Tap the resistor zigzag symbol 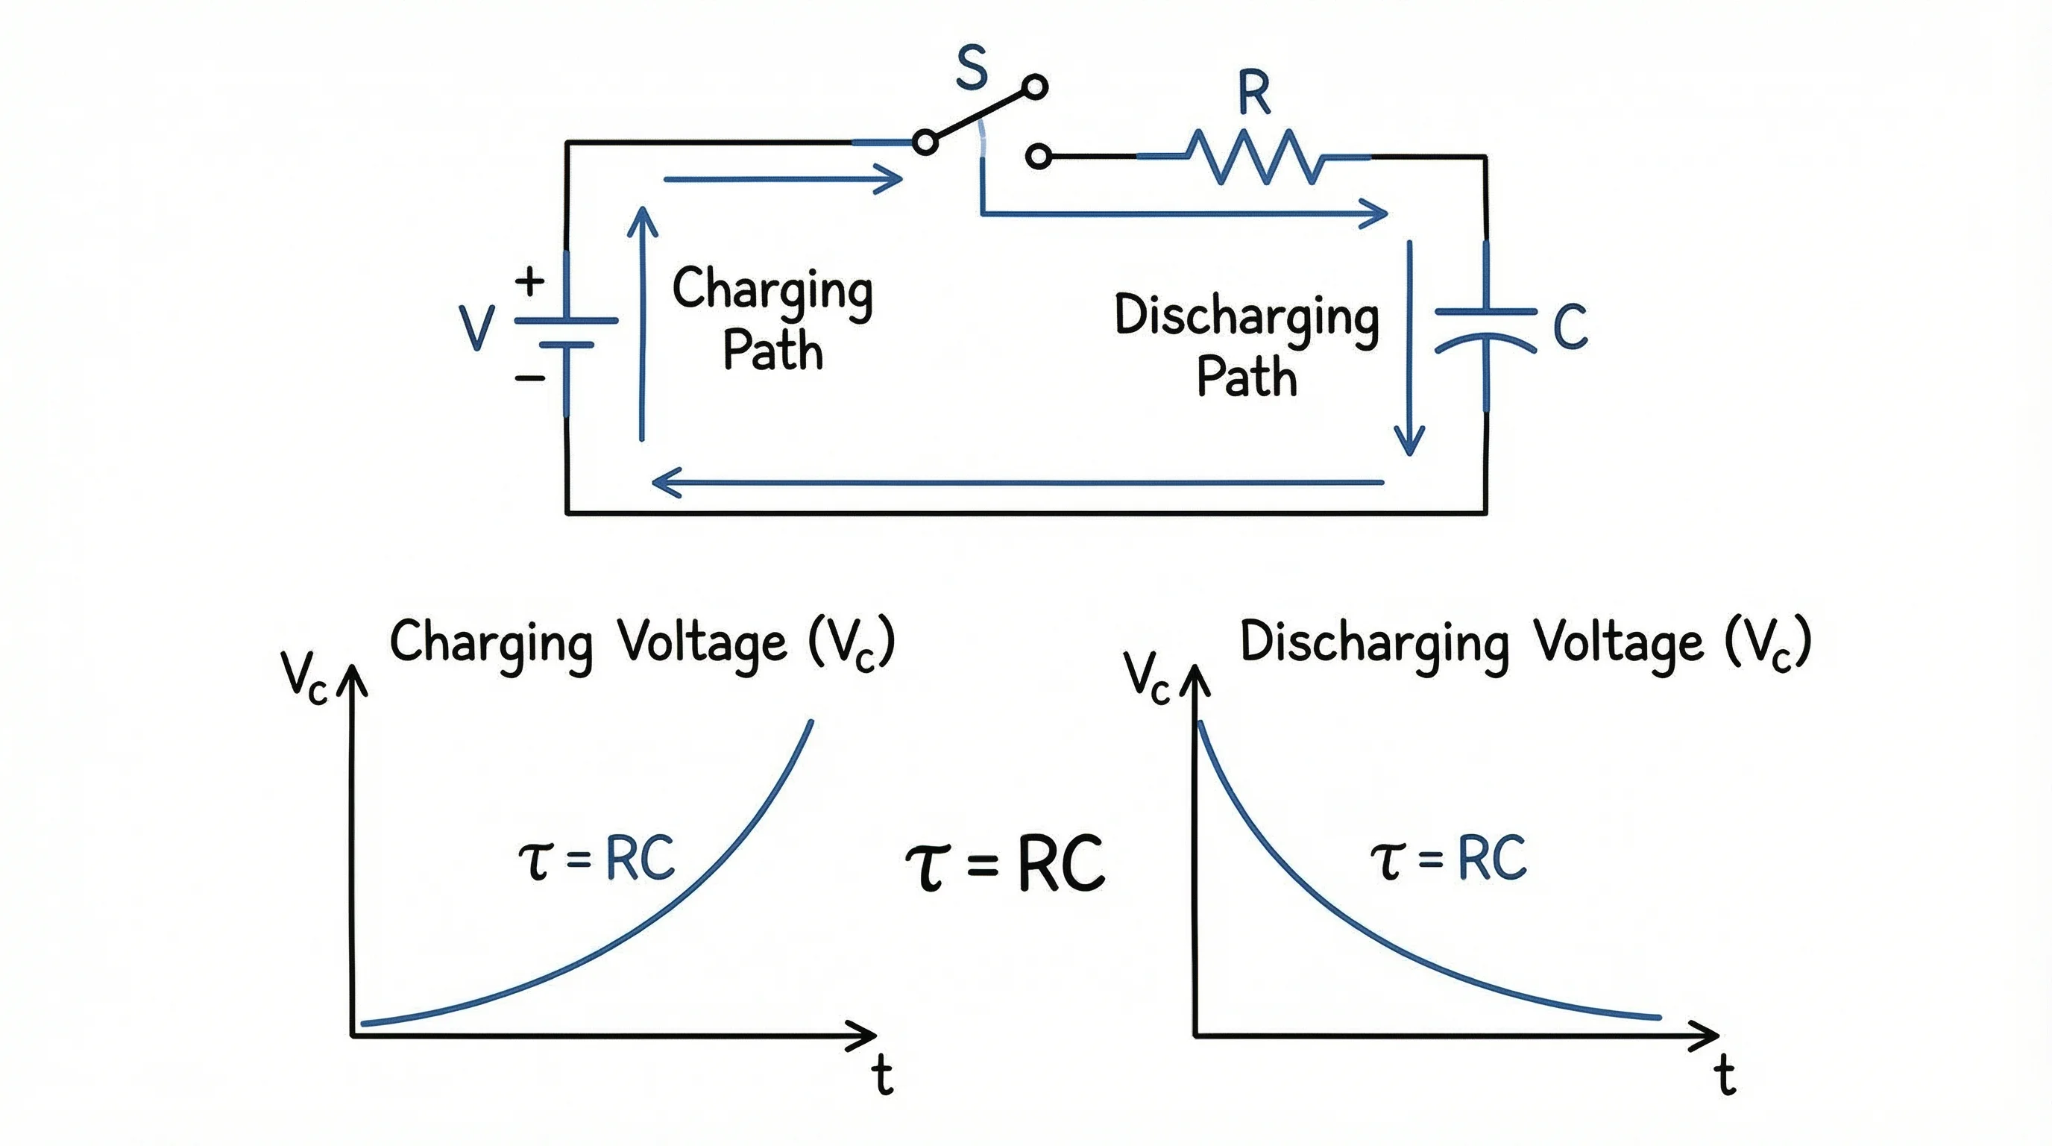1255,157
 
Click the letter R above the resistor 1254,93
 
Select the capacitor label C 1570,327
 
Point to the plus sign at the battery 529,281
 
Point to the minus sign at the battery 529,378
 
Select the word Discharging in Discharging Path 1246,317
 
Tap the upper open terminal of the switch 1035,87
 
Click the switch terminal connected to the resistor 1038,156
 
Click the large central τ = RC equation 1005,864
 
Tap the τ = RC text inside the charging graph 596,858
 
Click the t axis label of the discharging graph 1725,1075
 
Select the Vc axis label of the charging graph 304,677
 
